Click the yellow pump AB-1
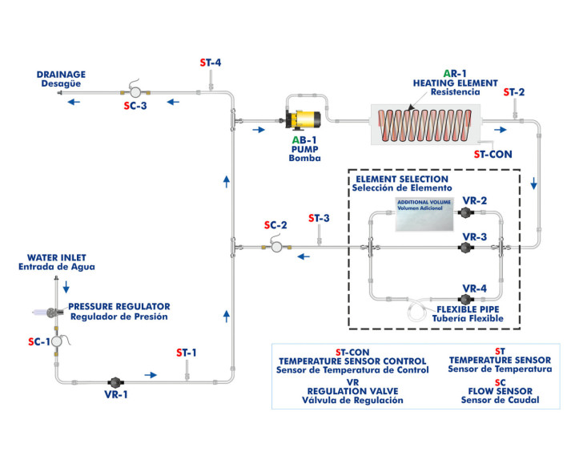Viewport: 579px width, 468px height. click(x=305, y=121)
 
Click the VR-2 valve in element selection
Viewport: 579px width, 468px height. click(x=464, y=212)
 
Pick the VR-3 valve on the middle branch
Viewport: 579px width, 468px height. click(x=464, y=248)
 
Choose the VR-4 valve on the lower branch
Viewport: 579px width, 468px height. click(x=464, y=299)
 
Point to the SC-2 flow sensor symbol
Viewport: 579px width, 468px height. click(x=276, y=248)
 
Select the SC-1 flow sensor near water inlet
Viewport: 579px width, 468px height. click(x=57, y=341)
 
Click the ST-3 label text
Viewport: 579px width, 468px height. click(x=319, y=218)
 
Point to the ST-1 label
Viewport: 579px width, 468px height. click(x=186, y=353)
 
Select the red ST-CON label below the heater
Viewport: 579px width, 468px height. click(x=490, y=153)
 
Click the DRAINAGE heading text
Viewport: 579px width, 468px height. click(x=61, y=75)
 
